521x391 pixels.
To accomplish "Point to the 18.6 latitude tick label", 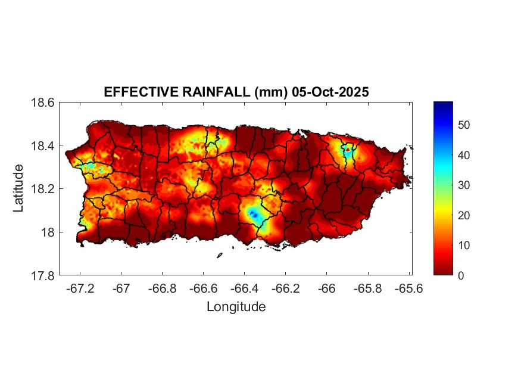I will pos(43,103).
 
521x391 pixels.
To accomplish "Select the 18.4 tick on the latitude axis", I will pos(43,146).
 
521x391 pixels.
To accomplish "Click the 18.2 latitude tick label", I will pos(43,189).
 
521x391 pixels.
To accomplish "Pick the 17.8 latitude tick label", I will pos(43,275).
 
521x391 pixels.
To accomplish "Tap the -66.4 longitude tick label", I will pos(244,288).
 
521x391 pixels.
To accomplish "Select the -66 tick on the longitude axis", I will pos(326,288).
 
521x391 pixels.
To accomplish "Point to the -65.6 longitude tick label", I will pos(407,288).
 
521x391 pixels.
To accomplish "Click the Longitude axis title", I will pos(236,307).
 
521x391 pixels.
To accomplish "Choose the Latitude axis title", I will pos(19,188).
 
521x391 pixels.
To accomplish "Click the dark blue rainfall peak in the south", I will pos(253,213).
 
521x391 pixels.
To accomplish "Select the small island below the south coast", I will pos(219,255).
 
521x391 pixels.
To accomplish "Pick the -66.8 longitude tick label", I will pos(162,288).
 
